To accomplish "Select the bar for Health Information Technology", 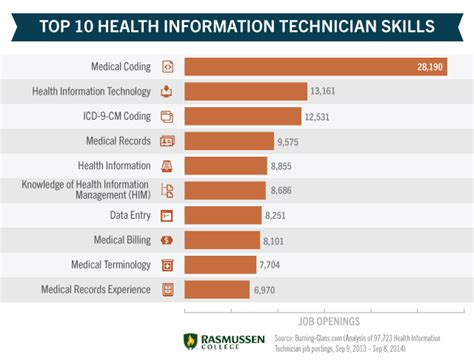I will (x=245, y=92).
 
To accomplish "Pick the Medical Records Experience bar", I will (x=217, y=290).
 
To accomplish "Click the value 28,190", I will (x=431, y=67).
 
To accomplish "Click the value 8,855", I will (x=284, y=166).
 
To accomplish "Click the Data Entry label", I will (x=130, y=215).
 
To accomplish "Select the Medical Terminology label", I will (x=111, y=265).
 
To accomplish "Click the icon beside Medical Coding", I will (x=167, y=67).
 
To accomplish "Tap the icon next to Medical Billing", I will (x=167, y=240).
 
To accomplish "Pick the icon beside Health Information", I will (x=167, y=166).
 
